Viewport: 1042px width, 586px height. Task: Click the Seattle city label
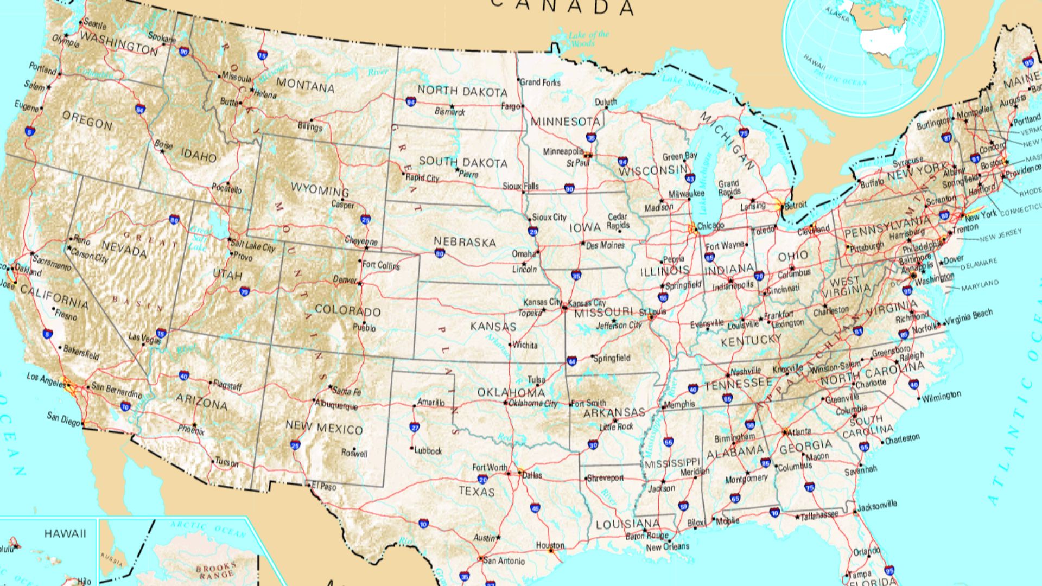pos(96,25)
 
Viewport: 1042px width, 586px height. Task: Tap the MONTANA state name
pos(306,85)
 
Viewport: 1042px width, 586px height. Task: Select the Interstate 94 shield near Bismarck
pos(411,101)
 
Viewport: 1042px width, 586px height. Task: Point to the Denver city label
pos(345,280)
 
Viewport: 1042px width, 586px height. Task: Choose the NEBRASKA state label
pos(465,242)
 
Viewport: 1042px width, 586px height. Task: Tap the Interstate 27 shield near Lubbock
pos(415,427)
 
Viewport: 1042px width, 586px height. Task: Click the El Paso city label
pos(324,487)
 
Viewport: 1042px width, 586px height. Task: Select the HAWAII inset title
pos(65,534)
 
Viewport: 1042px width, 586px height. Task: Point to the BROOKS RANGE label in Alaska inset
pos(216,570)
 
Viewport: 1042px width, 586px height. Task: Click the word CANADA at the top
pos(563,7)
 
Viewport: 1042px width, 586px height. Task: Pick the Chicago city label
pos(710,226)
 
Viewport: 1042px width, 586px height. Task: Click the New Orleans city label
pos(667,547)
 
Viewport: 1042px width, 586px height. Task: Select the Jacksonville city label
pos(877,505)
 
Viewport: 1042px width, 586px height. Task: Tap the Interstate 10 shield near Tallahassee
pos(774,513)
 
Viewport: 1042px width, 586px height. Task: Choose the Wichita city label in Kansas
pos(525,345)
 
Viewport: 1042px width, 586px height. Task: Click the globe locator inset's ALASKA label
pos(837,15)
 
